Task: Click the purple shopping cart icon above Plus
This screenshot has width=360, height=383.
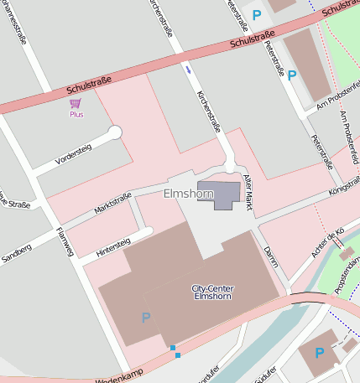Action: tap(76, 103)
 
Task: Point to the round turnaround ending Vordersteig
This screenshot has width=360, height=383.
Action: tap(115, 132)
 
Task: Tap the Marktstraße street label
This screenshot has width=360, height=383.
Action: tap(112, 202)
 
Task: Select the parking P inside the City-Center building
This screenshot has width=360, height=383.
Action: tap(146, 318)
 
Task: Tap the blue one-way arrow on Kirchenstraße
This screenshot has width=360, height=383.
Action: tap(189, 70)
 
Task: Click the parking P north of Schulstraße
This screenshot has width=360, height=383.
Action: tap(257, 14)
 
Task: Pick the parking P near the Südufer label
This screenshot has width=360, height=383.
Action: tap(319, 353)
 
